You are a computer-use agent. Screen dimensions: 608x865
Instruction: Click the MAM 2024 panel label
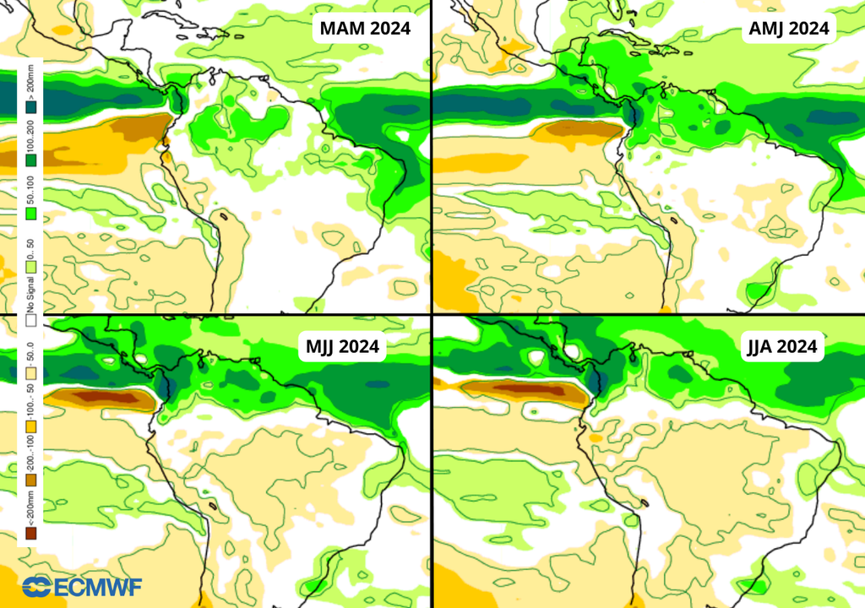pyautogui.click(x=365, y=28)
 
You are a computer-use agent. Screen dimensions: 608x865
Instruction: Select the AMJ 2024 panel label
pyautogui.click(x=789, y=28)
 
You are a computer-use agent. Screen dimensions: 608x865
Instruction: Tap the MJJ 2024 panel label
pyautogui.click(x=341, y=345)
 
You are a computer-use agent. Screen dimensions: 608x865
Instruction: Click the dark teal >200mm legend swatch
pyautogui.click(x=30, y=107)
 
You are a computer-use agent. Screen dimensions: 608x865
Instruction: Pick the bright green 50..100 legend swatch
pyautogui.click(x=30, y=214)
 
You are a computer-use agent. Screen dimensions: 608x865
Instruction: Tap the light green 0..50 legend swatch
pyautogui.click(x=30, y=267)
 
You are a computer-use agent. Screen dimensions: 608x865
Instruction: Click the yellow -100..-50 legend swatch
pyautogui.click(x=30, y=427)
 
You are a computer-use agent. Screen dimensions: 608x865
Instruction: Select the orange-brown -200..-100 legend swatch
pyautogui.click(x=30, y=480)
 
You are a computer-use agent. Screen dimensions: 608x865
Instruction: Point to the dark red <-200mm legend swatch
pyautogui.click(x=30, y=533)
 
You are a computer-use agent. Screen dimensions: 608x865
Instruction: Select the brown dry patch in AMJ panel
pyautogui.click(x=583, y=129)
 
